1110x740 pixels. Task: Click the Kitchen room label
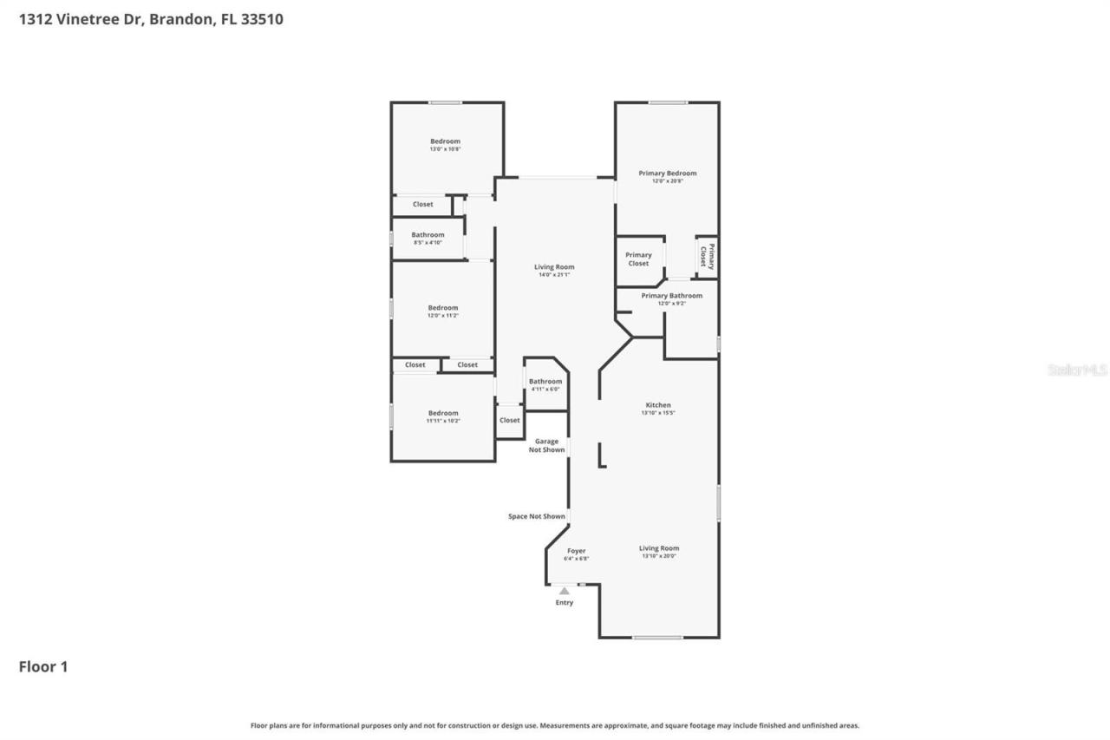[657, 405]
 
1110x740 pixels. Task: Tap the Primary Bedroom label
[667, 174]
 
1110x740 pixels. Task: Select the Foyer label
[576, 551]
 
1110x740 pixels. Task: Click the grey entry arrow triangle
[564, 591]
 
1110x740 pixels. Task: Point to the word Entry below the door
[564, 603]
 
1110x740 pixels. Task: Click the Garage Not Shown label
[546, 445]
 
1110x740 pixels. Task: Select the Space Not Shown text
[536, 516]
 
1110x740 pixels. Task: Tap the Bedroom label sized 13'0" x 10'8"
[445, 141]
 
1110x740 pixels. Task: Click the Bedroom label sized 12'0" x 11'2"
[442, 308]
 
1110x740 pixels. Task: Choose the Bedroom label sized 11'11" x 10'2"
[442, 413]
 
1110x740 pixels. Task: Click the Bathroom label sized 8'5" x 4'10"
[428, 235]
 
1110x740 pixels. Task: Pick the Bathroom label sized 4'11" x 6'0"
[545, 382]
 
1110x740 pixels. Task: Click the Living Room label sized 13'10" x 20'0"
[658, 548]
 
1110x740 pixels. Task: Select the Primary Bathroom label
[671, 296]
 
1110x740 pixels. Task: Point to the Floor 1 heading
[43, 666]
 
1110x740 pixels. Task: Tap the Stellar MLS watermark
[1077, 370]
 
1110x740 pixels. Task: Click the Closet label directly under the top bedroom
[422, 205]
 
